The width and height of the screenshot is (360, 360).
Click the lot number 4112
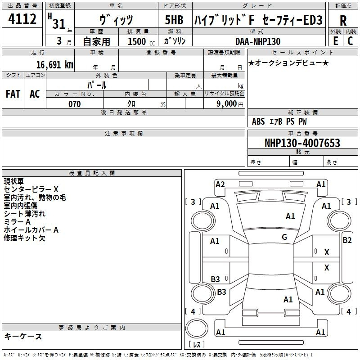(22, 19)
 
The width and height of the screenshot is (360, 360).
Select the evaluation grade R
(343, 21)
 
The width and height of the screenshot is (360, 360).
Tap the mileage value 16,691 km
(55, 64)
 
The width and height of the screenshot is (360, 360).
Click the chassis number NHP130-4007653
(302, 143)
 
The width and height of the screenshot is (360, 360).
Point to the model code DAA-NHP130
(258, 41)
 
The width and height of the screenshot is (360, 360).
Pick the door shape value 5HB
(174, 20)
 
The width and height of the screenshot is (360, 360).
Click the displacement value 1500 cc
(141, 41)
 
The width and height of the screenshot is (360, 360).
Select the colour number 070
(75, 104)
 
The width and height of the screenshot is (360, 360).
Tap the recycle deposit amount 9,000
(227, 104)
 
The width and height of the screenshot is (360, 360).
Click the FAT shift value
(13, 94)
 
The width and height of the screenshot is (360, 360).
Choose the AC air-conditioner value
(35, 94)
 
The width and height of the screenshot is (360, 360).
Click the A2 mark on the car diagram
(220, 184)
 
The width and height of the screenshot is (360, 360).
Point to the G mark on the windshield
(284, 237)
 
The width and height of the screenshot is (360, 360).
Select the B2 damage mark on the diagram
(347, 240)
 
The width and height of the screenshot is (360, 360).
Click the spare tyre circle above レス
(197, 328)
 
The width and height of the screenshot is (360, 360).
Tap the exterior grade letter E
(335, 41)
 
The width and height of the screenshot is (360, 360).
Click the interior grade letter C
(350, 41)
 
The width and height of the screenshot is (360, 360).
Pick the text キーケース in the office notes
(23, 336)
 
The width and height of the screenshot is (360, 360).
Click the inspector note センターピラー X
(31, 189)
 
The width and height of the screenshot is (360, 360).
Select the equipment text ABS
(258, 121)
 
